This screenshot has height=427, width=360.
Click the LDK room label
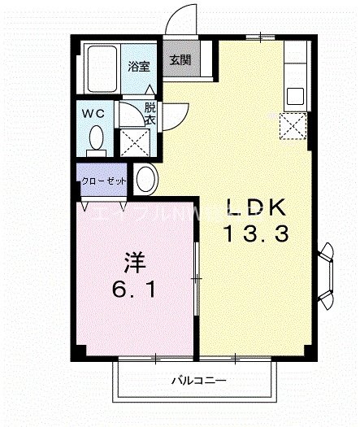coord(254,206)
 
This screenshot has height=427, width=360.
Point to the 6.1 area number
coord(136,289)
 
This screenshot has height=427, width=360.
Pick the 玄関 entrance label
coord(180,60)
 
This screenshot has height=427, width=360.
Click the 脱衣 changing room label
coord(150,113)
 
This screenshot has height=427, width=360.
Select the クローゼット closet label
coord(102,182)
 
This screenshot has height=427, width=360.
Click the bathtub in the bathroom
coord(103,68)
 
